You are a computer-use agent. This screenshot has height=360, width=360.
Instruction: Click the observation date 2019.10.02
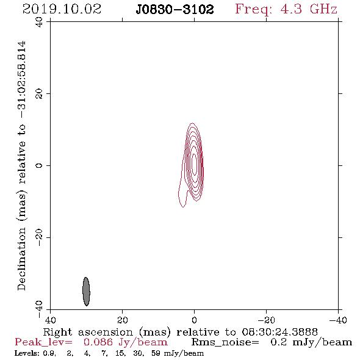62,9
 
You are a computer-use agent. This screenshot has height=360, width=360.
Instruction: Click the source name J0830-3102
175,10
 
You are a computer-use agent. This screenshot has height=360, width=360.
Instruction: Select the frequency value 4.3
291,9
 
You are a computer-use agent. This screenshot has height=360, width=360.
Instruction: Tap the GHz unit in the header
323,9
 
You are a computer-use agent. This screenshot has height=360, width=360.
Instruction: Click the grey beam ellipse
86,291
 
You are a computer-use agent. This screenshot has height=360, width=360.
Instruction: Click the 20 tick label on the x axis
122,320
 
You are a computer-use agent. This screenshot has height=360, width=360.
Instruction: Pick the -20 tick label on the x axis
266,320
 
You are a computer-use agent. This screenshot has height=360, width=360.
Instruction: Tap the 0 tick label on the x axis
194,320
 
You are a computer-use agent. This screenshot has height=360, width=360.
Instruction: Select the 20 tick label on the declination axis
39,94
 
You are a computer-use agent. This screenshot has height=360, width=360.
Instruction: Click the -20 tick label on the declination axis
39,237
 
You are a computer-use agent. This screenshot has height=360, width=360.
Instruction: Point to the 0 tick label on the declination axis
39,165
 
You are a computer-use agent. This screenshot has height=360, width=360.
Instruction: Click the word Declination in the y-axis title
21,259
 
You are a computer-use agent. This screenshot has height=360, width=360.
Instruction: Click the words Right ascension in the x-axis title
88,332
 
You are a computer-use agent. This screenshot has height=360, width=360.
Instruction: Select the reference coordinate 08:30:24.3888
279,332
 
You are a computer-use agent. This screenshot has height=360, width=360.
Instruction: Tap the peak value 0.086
98,342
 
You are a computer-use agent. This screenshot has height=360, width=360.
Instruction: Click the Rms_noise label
225,342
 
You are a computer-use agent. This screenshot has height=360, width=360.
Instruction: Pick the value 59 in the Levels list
156,353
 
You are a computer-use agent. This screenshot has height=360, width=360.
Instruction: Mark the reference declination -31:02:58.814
21,79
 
